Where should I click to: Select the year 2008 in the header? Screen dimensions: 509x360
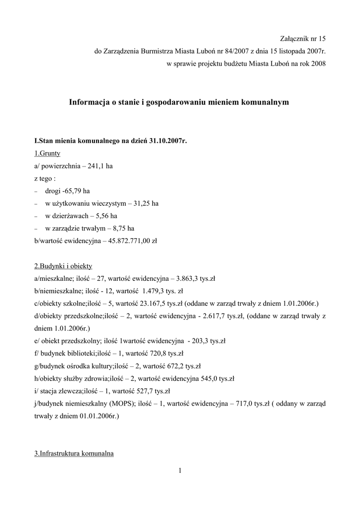click(317, 64)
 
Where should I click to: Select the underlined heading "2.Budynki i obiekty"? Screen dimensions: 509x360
click(63, 266)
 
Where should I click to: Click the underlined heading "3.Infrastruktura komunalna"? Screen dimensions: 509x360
click(74, 454)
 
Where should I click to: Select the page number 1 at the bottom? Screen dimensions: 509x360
click(180, 471)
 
